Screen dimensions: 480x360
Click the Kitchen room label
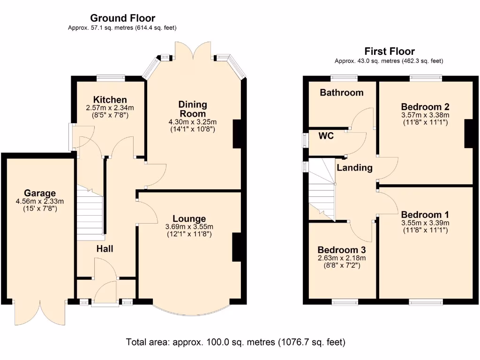pos(110,99)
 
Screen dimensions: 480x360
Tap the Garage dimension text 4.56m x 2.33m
pos(40,201)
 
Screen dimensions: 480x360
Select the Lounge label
pos(189,218)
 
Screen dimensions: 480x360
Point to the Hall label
pos(105,248)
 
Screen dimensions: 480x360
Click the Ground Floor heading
pos(122,18)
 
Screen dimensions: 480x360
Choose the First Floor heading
pos(390,51)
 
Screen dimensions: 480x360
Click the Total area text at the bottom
pos(235,342)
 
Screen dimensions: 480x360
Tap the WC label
pos(326,135)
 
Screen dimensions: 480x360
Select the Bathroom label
pos(342,92)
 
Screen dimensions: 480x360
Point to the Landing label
pos(354,167)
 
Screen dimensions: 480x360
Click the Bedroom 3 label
pos(342,250)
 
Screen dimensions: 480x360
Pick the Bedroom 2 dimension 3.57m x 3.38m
pos(425,115)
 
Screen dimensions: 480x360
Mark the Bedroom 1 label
pos(425,215)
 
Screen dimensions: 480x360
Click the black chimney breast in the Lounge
pos(237,247)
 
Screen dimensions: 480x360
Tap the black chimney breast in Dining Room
pos(238,134)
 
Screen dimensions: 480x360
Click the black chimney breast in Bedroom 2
pos(469,134)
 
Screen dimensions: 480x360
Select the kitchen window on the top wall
pos(111,78)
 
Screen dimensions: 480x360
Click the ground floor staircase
pos(90,214)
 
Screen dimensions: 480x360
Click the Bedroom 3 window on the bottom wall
pos(345,302)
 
